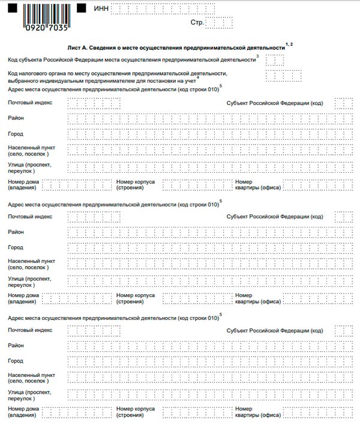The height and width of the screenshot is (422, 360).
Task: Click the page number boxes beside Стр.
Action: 219,23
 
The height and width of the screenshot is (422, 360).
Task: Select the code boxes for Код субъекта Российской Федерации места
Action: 275,59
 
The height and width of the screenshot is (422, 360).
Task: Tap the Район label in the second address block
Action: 16,231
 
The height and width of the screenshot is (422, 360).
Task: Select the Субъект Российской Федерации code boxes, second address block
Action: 343,216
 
